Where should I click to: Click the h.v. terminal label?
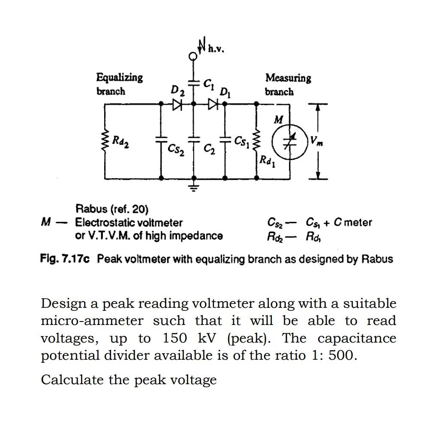(216, 49)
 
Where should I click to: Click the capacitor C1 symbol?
(194, 82)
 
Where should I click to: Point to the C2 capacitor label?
(209, 149)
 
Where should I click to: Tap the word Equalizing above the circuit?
(119, 78)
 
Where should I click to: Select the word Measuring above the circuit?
(288, 78)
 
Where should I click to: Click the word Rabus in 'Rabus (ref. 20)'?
(91, 209)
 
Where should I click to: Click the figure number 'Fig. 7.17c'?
(65, 259)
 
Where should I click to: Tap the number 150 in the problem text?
(174, 338)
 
